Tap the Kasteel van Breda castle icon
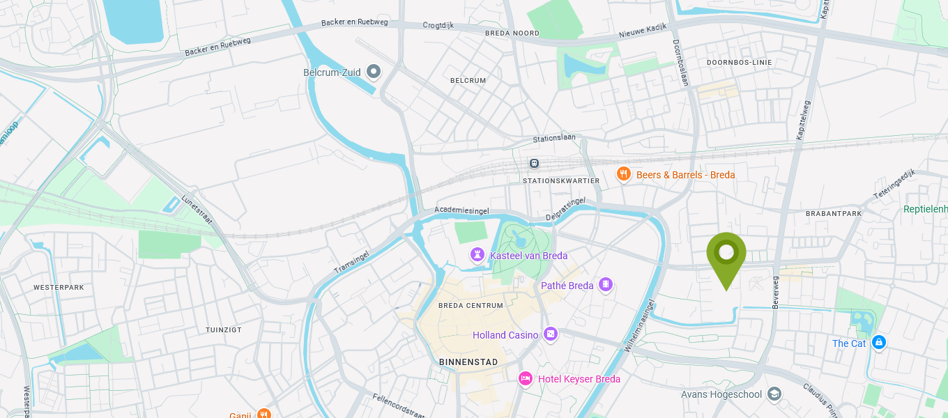(x=477, y=255)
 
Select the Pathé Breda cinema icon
(x=606, y=284)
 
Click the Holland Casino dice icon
(x=551, y=334)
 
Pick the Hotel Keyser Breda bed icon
(x=526, y=378)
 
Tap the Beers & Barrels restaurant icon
(x=624, y=174)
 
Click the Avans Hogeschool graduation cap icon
(x=774, y=394)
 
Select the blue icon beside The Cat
(x=879, y=342)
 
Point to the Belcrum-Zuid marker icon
(x=374, y=71)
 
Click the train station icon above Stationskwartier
(x=534, y=163)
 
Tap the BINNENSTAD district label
(x=468, y=362)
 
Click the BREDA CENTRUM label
(x=471, y=306)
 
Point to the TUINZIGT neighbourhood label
(x=223, y=330)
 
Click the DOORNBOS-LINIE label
(x=739, y=62)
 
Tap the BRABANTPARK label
(x=834, y=213)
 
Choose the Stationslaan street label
(x=554, y=138)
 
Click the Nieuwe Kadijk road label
(x=643, y=31)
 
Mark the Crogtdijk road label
(x=438, y=25)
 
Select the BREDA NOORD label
(x=512, y=33)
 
